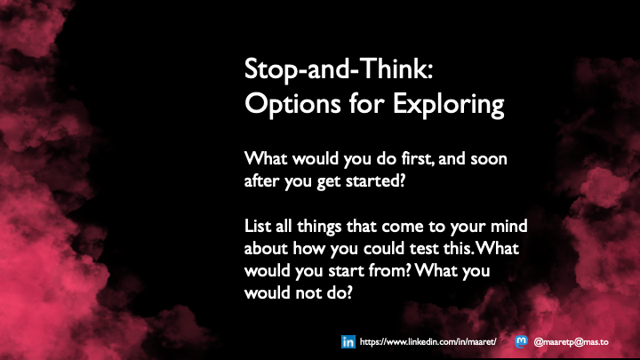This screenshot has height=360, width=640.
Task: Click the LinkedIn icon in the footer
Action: (348, 341)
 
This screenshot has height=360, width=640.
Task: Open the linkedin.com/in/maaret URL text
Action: (424, 341)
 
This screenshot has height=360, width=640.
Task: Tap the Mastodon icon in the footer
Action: (522, 341)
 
